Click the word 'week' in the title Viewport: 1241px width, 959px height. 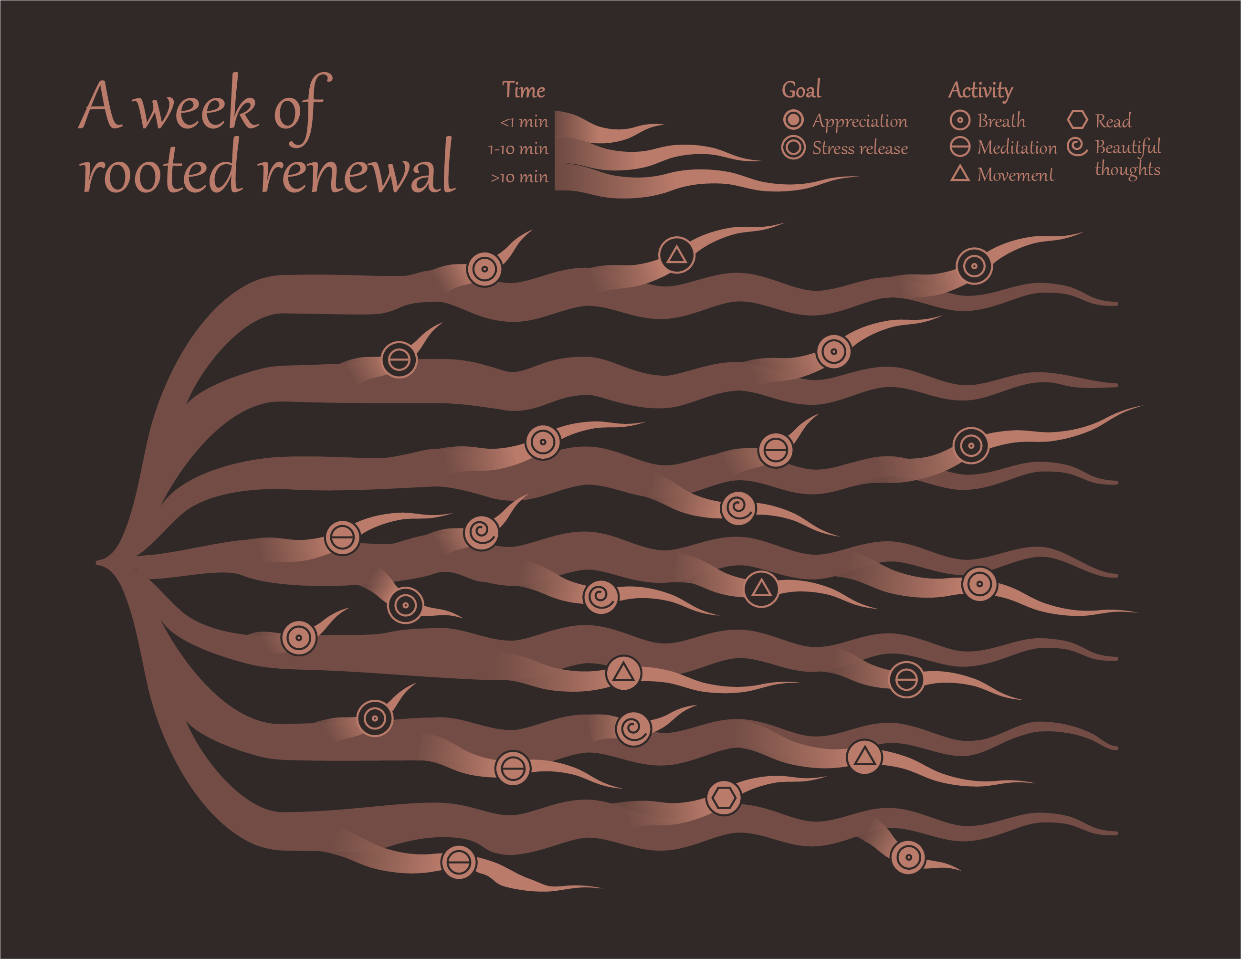pos(197,108)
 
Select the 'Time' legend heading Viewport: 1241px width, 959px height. pos(523,90)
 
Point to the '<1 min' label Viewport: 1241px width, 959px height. pos(524,122)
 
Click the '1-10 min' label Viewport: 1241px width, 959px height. pos(518,149)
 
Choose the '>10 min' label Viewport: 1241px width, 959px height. pos(519,177)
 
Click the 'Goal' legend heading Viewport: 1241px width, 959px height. pos(801,90)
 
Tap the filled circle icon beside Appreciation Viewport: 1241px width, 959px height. pos(793,120)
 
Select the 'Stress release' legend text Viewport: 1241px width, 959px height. pos(860,148)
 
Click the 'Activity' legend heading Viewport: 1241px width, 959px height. pos(981,90)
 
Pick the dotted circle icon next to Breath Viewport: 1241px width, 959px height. pos(960,120)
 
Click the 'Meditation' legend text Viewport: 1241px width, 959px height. pos(1017,148)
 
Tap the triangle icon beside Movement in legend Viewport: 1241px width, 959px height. pos(960,174)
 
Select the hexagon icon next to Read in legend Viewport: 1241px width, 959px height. pos(1077,120)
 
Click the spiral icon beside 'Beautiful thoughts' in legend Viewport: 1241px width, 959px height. pos(1077,147)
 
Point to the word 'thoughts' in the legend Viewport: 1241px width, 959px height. pos(1127,169)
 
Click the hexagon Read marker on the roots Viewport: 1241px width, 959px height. pos(723,798)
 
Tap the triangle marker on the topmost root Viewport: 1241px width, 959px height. pos(676,254)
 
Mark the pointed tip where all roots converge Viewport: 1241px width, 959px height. pos(98,562)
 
